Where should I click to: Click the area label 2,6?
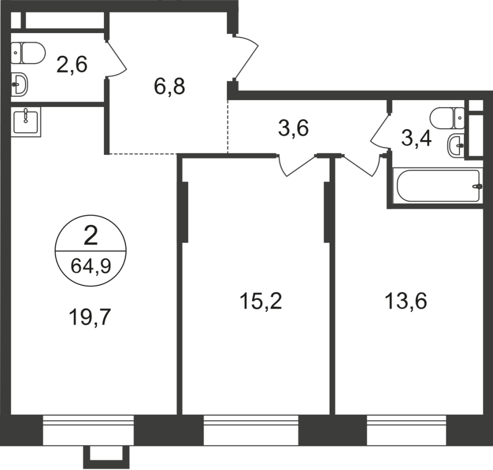click(71, 65)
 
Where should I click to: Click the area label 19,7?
click(90, 316)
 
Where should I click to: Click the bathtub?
click(437, 186)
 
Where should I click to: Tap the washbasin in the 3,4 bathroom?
click(457, 144)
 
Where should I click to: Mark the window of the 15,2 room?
click(251, 430)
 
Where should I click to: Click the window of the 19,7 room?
click(89, 430)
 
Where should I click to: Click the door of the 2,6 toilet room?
click(116, 59)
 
